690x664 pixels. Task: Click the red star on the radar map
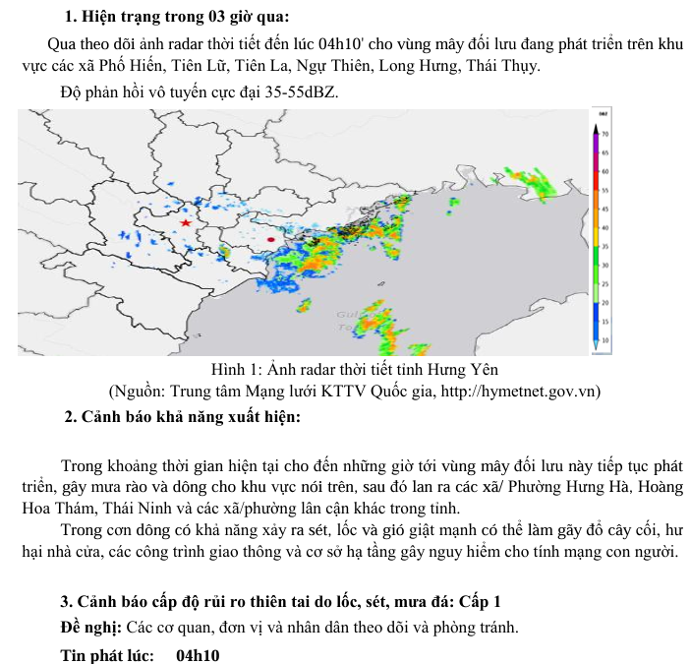[x=186, y=223]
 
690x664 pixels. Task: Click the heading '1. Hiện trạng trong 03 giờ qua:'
[x=177, y=18]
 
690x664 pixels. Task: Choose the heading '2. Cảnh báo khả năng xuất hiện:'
[x=181, y=416]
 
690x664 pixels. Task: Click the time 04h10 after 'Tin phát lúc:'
[x=198, y=655]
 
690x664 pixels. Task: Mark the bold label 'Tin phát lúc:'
[x=107, y=655]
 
